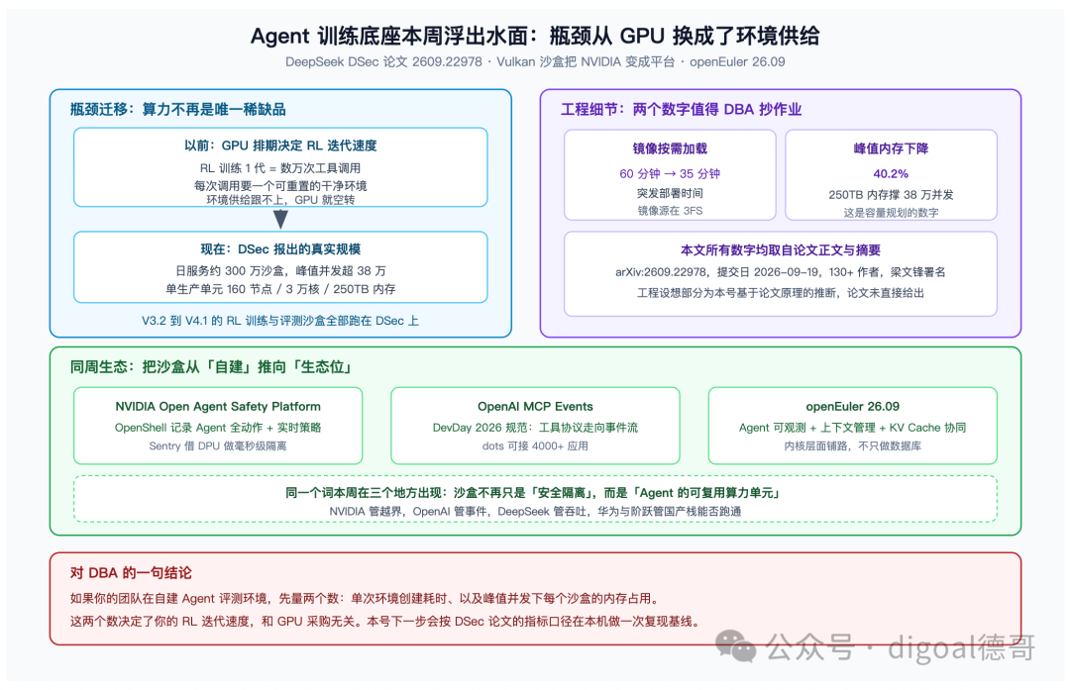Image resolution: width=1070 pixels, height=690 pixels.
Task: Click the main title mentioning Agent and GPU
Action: (535, 36)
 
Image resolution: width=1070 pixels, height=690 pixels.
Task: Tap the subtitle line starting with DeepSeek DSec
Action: (535, 62)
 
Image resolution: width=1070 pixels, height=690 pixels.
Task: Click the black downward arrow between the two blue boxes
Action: (280, 219)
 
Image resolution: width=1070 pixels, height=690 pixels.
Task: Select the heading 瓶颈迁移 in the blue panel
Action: (178, 109)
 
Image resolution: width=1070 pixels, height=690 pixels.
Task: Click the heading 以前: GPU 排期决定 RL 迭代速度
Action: (280, 146)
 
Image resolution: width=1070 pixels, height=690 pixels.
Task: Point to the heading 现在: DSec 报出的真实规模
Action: (280, 249)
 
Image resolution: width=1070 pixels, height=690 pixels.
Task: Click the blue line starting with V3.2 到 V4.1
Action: (280, 321)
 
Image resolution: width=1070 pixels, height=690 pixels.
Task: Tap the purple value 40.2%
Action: (891, 174)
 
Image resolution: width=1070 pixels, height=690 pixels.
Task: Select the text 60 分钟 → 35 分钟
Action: (670, 174)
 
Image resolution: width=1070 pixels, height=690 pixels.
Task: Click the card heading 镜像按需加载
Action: (670, 148)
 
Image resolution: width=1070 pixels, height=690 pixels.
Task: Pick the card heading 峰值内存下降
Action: (891, 148)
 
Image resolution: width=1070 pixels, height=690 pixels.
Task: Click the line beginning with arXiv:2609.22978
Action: (780, 272)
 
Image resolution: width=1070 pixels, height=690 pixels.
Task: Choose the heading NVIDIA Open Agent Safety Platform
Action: (218, 406)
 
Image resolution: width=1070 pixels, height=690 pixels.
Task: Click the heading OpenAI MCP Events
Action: (535, 406)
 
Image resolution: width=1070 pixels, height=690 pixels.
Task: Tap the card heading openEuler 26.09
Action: (852, 406)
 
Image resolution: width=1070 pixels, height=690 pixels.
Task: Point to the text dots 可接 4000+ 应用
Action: (535, 445)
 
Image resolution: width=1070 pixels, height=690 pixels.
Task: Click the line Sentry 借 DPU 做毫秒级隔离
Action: (218, 445)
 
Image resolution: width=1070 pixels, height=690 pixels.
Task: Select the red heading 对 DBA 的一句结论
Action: (131, 573)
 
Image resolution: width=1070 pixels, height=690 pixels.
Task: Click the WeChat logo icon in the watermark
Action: (735, 645)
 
